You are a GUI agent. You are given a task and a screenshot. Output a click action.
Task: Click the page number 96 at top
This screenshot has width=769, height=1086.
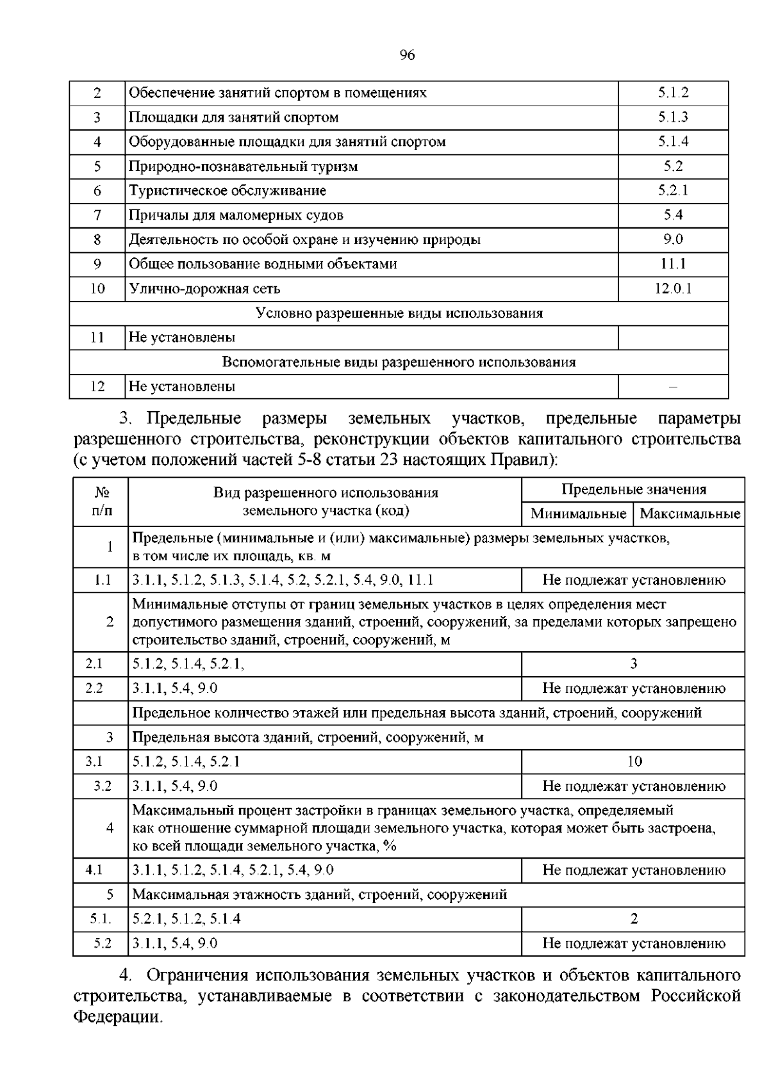(x=407, y=56)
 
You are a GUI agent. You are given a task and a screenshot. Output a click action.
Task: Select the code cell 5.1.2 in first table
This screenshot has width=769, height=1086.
(x=673, y=93)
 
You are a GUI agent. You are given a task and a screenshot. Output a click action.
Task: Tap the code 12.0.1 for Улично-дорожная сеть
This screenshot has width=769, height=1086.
(x=673, y=289)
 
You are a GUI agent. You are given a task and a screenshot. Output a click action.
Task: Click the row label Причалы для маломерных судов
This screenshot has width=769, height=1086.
(x=236, y=215)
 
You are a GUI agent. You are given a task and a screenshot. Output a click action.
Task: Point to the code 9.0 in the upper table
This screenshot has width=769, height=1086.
(x=673, y=239)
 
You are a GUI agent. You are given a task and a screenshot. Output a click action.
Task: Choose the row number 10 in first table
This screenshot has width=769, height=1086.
(x=97, y=289)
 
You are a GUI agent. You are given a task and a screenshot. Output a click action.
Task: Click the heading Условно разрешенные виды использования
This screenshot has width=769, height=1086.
(x=399, y=313)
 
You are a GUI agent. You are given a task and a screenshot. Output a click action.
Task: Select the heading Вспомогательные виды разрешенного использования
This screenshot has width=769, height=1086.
(x=399, y=362)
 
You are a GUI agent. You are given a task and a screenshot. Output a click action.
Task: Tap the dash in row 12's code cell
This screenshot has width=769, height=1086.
(x=673, y=387)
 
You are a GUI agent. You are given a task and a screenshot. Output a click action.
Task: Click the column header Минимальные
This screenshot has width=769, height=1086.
(x=578, y=514)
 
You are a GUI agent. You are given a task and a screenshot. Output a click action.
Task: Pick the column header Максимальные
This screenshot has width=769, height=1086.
(x=690, y=514)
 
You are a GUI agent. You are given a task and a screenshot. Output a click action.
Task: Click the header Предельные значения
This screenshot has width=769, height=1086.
(x=633, y=490)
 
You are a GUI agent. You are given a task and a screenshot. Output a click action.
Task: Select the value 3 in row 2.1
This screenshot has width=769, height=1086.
(x=633, y=664)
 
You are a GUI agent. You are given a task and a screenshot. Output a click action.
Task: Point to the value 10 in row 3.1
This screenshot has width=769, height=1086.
(x=633, y=761)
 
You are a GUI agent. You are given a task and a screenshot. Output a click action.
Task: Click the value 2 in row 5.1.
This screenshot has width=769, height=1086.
(x=633, y=919)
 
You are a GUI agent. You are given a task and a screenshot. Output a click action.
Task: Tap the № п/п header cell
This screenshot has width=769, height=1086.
(x=101, y=501)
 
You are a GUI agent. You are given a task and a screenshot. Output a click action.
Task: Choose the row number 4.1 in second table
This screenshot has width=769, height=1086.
(x=94, y=870)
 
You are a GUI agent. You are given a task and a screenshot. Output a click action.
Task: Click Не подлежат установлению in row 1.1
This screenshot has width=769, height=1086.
(x=633, y=580)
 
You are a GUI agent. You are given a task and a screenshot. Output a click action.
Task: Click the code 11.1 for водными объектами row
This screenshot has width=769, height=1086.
(x=673, y=264)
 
